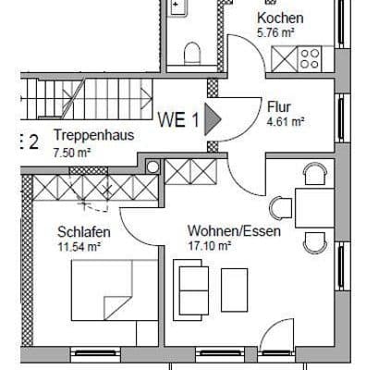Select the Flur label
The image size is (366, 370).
278,106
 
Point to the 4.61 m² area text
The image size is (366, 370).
286,120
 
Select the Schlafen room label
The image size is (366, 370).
84,231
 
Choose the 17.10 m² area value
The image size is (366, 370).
209,246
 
